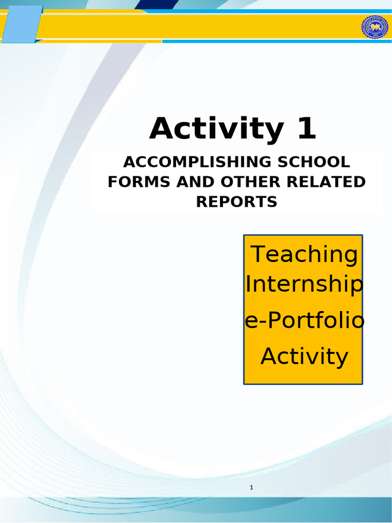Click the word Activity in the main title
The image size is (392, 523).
(216, 129)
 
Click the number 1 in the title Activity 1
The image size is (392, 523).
(306, 129)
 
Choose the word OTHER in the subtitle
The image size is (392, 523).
(229, 182)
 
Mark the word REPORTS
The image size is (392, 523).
(237, 201)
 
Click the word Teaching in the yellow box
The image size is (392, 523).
(304, 254)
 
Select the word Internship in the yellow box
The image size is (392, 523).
(304, 285)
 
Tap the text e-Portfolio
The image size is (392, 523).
(305, 321)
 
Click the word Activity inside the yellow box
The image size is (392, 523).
(304, 356)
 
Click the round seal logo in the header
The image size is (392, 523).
(375, 27)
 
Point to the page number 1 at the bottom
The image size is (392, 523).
(252, 488)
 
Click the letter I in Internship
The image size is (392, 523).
(248, 284)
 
